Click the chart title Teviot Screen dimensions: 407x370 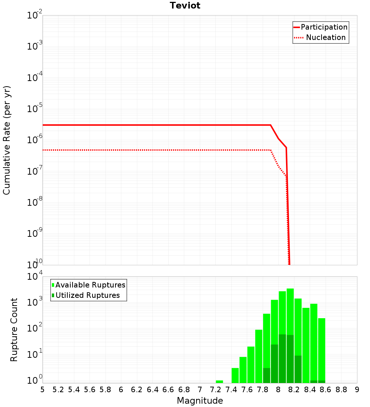coord(185,6)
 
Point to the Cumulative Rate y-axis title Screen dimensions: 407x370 coord(7,140)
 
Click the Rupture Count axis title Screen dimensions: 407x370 coord(14,330)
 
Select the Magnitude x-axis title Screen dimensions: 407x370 coord(200,401)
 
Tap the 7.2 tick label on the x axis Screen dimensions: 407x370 coord(215,390)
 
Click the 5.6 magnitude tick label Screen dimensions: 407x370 coord(90,390)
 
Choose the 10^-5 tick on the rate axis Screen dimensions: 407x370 coord(34,109)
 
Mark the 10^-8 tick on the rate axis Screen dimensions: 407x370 coord(34,203)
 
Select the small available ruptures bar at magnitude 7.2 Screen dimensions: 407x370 coord(219,381)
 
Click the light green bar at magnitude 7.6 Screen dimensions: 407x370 coord(251,364)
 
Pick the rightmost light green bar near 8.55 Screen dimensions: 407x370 coord(322,348)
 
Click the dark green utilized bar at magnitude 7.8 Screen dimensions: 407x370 coord(266,375)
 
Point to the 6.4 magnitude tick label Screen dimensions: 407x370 coord(152,390)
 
